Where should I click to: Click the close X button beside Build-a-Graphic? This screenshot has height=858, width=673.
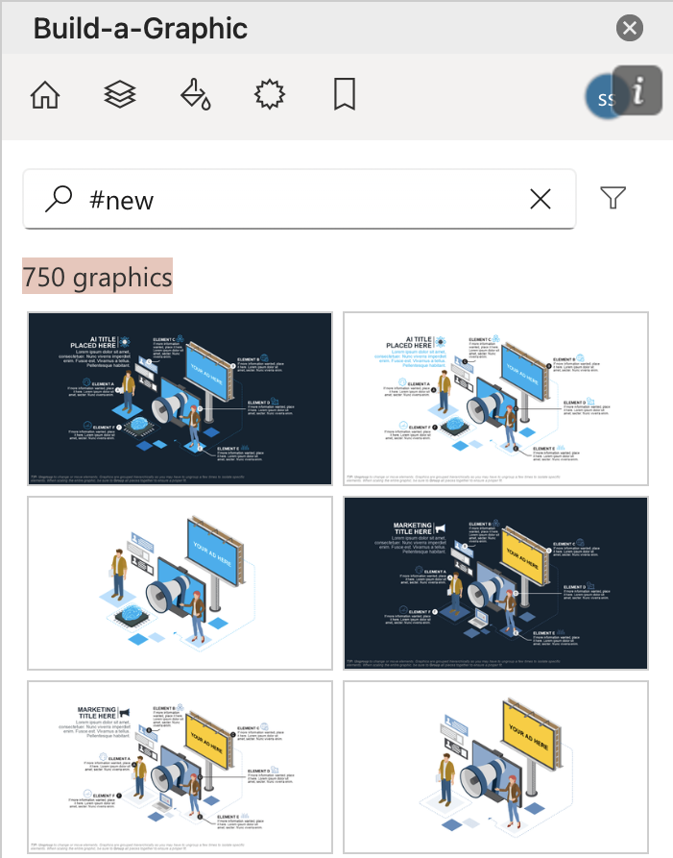[630, 28]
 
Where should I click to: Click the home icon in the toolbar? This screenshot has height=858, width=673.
[45, 95]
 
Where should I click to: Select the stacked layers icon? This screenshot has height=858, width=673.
[120, 95]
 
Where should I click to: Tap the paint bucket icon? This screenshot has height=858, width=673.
[195, 95]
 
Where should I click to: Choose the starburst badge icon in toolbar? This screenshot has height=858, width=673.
[269, 95]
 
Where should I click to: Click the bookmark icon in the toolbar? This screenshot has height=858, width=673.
[344, 95]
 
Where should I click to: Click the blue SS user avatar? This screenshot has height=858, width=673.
[603, 98]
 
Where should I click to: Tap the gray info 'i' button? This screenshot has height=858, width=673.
[638, 91]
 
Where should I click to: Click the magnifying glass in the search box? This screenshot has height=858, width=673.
[59, 199]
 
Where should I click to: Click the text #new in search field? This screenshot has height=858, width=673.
[121, 200]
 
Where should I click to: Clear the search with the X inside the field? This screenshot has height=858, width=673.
[541, 199]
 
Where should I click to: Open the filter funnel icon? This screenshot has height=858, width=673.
[613, 198]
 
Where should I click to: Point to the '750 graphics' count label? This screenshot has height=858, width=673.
[97, 278]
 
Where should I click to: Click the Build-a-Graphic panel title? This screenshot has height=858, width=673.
[140, 29]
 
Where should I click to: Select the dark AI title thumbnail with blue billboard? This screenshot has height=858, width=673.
[180, 399]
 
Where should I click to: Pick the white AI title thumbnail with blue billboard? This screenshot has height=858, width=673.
[495, 399]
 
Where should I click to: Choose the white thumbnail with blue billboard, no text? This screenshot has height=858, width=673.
[180, 583]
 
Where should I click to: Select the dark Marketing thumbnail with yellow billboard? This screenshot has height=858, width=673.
[495, 583]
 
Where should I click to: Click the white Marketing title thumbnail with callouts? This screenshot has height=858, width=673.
[180, 767]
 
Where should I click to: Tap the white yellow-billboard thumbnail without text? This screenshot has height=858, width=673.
[495, 767]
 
